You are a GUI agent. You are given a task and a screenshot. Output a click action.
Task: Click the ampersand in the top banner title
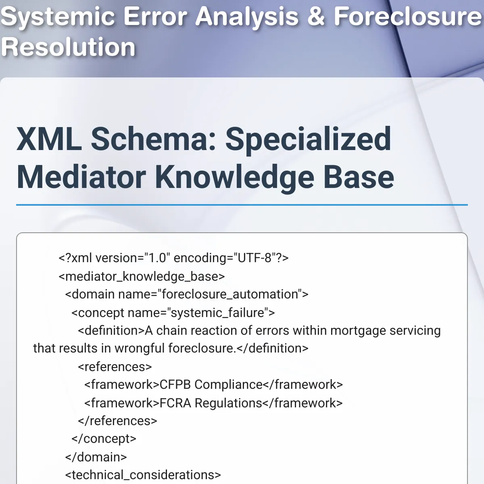point(316,16)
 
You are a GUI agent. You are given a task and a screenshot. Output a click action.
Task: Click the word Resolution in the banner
point(68,47)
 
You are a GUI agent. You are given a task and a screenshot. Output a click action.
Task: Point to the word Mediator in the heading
point(81,177)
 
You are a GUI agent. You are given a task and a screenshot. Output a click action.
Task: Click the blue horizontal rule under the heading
point(242,205)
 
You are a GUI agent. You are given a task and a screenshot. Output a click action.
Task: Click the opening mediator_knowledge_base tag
point(142,277)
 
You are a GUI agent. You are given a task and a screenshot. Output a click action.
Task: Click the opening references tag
point(115,367)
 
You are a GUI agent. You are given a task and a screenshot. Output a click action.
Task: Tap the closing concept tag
point(104,439)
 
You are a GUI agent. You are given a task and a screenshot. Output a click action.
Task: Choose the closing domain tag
point(96,457)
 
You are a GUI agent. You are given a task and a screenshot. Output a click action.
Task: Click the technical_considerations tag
point(143,475)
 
